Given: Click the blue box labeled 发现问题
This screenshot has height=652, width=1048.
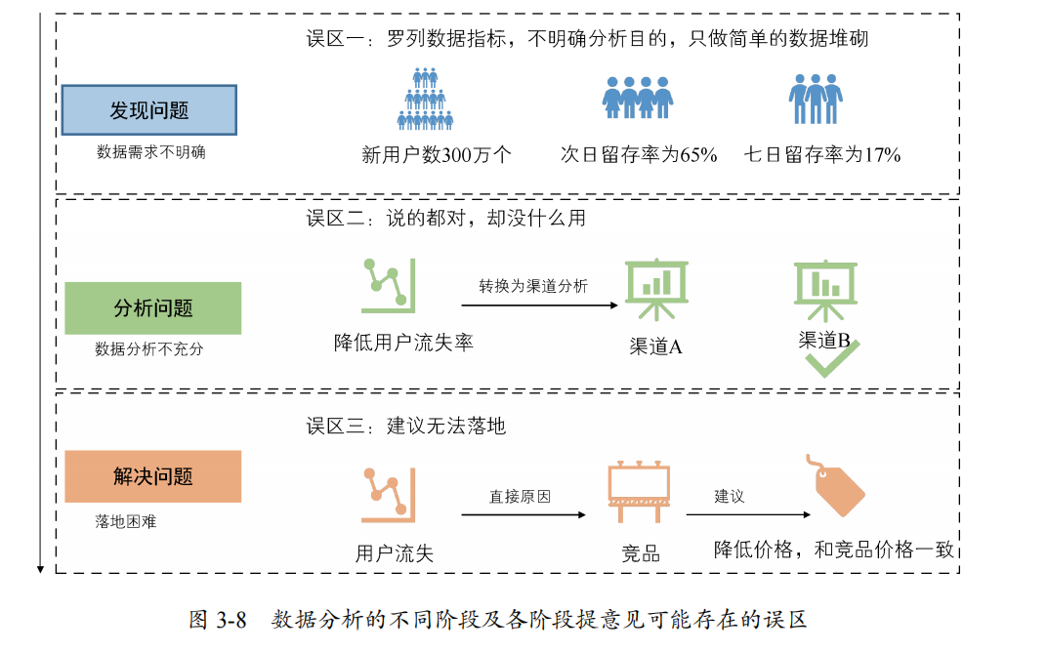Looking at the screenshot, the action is pyautogui.click(x=148, y=109).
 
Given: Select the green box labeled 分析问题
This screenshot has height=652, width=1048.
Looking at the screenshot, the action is pyautogui.click(x=152, y=308).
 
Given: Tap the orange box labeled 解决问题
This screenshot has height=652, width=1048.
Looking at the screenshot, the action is pyautogui.click(x=152, y=476).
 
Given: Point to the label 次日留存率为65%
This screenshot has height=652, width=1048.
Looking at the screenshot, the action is pyautogui.click(x=639, y=154).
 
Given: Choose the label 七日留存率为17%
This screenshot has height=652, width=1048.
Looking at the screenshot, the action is pyautogui.click(x=821, y=154).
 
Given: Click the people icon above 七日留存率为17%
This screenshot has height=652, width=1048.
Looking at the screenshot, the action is pyautogui.click(x=816, y=99).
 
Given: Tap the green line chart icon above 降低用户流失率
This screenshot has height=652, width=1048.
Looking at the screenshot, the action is pyautogui.click(x=388, y=285).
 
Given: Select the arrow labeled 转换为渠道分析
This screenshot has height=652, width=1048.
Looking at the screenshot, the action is pyautogui.click(x=540, y=305).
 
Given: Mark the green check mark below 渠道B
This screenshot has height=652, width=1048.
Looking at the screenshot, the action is pyautogui.click(x=831, y=360).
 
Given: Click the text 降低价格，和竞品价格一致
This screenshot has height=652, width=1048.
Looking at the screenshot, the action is pyautogui.click(x=833, y=550).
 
